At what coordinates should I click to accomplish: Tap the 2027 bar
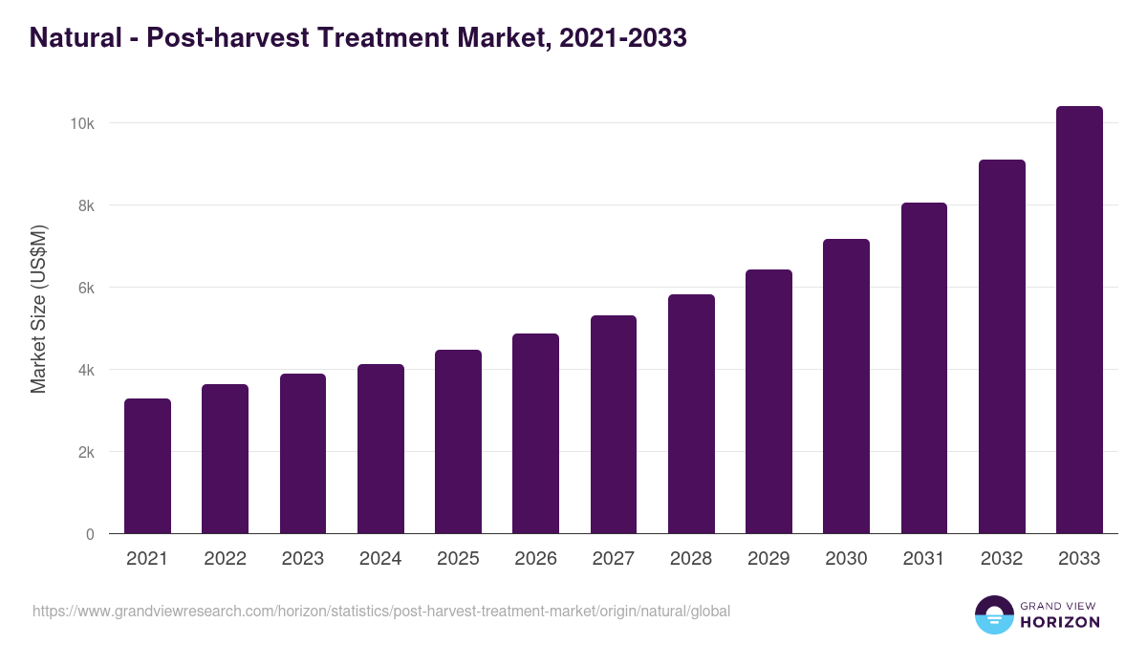(614, 424)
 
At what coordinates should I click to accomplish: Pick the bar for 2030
(846, 386)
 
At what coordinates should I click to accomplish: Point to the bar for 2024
(380, 449)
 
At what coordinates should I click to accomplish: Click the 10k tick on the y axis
(81, 124)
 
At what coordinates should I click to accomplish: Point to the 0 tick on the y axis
(90, 535)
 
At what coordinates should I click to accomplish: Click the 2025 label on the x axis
(458, 559)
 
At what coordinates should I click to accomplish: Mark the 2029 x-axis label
(768, 559)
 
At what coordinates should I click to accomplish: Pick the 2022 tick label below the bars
(225, 559)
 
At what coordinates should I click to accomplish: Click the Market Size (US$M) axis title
(38, 309)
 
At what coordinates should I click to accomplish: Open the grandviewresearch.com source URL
(381, 611)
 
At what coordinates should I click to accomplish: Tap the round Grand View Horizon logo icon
(994, 614)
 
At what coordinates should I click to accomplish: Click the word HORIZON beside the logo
(1060, 622)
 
